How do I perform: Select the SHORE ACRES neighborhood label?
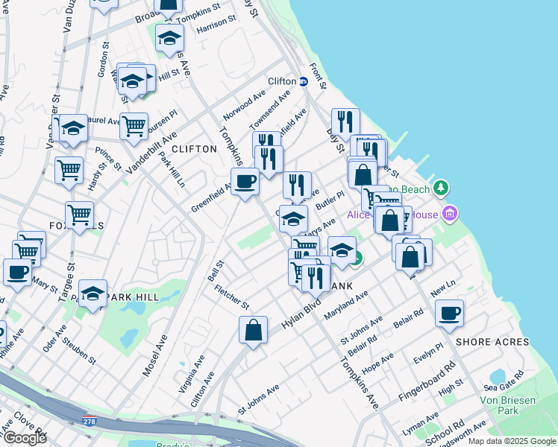(x=492, y=342)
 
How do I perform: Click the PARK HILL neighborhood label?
(x=132, y=297)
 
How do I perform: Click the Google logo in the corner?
(x=25, y=438)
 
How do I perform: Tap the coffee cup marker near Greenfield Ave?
(x=245, y=182)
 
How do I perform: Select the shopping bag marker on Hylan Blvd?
(x=254, y=330)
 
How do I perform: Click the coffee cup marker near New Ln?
(x=449, y=314)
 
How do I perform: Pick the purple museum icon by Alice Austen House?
(x=449, y=215)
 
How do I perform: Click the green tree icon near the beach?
(x=442, y=187)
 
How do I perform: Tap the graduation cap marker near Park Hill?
(x=93, y=294)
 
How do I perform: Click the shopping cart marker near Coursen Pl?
(x=134, y=127)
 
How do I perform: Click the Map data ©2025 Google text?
(x=511, y=441)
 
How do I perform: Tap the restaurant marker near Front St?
(x=345, y=121)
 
